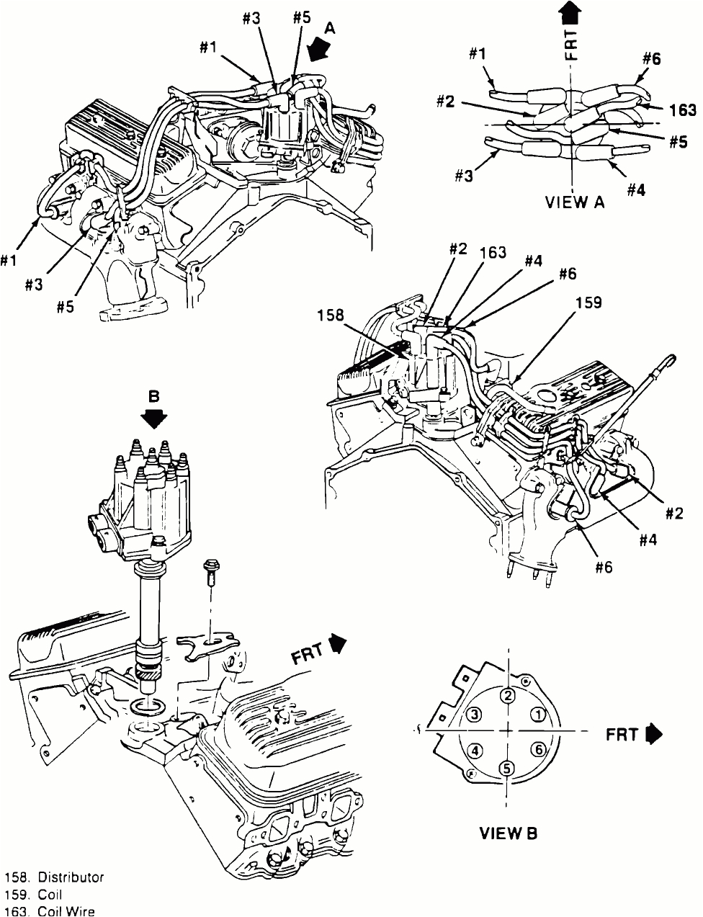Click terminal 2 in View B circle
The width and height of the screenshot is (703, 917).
click(x=508, y=696)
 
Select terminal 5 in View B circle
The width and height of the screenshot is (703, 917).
click(x=507, y=768)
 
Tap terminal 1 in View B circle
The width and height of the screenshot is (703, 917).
click(x=538, y=714)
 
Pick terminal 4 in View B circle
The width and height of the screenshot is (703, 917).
click(x=475, y=750)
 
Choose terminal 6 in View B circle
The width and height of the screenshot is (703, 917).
click(x=538, y=749)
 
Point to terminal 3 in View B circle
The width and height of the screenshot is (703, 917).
click(x=474, y=715)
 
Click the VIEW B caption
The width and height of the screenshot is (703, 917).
click(x=509, y=834)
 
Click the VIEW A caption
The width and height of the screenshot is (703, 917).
click(x=573, y=202)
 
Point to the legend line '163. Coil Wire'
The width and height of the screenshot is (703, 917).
click(x=50, y=910)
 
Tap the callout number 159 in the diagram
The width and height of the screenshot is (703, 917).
click(x=589, y=303)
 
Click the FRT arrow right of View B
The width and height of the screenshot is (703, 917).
click(x=653, y=734)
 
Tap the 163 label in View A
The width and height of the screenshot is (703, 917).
click(x=681, y=110)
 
